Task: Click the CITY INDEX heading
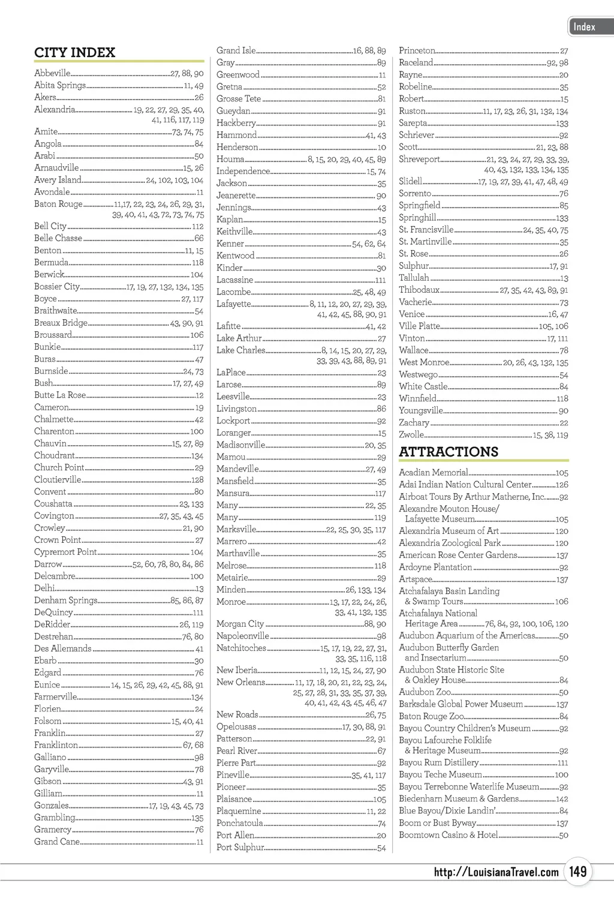pyautogui.click(x=74, y=53)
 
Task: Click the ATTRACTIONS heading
pyautogui.click(x=449, y=452)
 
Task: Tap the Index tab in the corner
pyautogui.click(x=585, y=27)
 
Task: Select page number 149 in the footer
pyautogui.click(x=578, y=871)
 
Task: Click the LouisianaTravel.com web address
pyautogui.click(x=496, y=872)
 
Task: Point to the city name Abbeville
pyautogui.click(x=52, y=73)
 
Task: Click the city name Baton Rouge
pyautogui.click(x=58, y=204)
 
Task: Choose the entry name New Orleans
pyautogui.click(x=240, y=682)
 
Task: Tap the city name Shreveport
pyautogui.click(x=419, y=159)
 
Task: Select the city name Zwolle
pyautogui.click(x=411, y=434)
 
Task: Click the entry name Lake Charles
pyautogui.click(x=240, y=350)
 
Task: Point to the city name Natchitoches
pyautogui.click(x=241, y=648)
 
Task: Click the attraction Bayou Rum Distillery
pyautogui.click(x=439, y=762)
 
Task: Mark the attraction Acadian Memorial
pyautogui.click(x=434, y=473)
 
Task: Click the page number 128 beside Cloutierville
pyautogui.click(x=197, y=480)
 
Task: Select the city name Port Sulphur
pyautogui.click(x=240, y=847)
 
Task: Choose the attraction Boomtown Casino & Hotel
pyautogui.click(x=449, y=835)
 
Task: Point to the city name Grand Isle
pyautogui.click(x=236, y=50)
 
